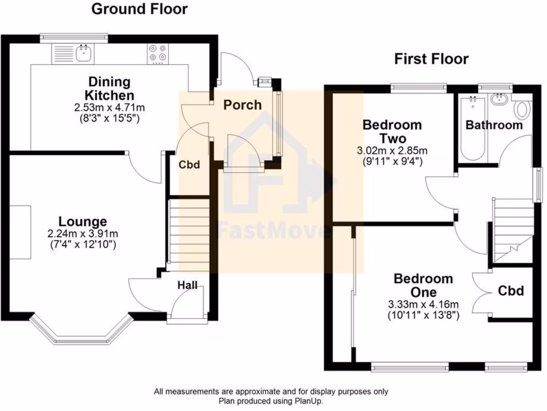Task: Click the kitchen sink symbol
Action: click(x=83, y=52)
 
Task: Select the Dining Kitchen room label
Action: click(x=109, y=89)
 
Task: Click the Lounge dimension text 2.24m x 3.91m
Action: click(x=82, y=233)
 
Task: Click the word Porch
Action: click(x=243, y=104)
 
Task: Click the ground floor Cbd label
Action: click(x=189, y=165)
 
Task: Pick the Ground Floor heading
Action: click(x=139, y=9)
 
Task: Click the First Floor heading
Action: click(x=431, y=59)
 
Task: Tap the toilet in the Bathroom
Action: click(x=522, y=110)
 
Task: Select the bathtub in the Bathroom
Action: click(x=473, y=128)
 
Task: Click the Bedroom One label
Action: click(x=423, y=285)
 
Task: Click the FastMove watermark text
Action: click(x=272, y=232)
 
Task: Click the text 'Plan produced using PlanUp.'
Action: click(x=271, y=400)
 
